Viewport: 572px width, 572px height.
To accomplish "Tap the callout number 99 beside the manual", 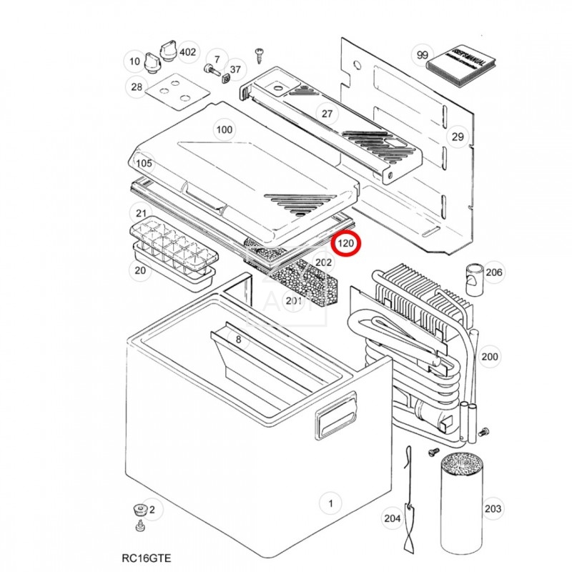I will click(423, 55).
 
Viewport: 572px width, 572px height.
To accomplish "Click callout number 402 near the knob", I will click(187, 52).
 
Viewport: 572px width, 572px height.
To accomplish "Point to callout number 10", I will click(134, 61).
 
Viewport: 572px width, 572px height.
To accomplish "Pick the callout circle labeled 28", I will click(136, 87).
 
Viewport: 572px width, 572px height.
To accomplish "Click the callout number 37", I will click(235, 69).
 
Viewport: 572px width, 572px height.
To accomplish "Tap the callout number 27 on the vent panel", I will click(327, 114).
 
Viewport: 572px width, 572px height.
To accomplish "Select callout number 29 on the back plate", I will click(457, 137).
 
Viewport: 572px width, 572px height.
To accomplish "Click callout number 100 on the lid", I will click(225, 129).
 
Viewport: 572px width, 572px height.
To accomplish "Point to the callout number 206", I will click(493, 272).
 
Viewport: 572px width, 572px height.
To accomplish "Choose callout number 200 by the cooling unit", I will click(490, 357).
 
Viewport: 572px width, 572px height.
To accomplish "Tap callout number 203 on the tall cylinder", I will click(493, 508).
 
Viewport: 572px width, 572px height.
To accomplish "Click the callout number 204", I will click(392, 518).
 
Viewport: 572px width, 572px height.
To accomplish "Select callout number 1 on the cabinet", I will click(330, 503).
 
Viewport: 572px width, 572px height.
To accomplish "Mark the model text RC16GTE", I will click(146, 557).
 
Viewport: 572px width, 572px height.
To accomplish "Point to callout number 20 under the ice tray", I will click(139, 270).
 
